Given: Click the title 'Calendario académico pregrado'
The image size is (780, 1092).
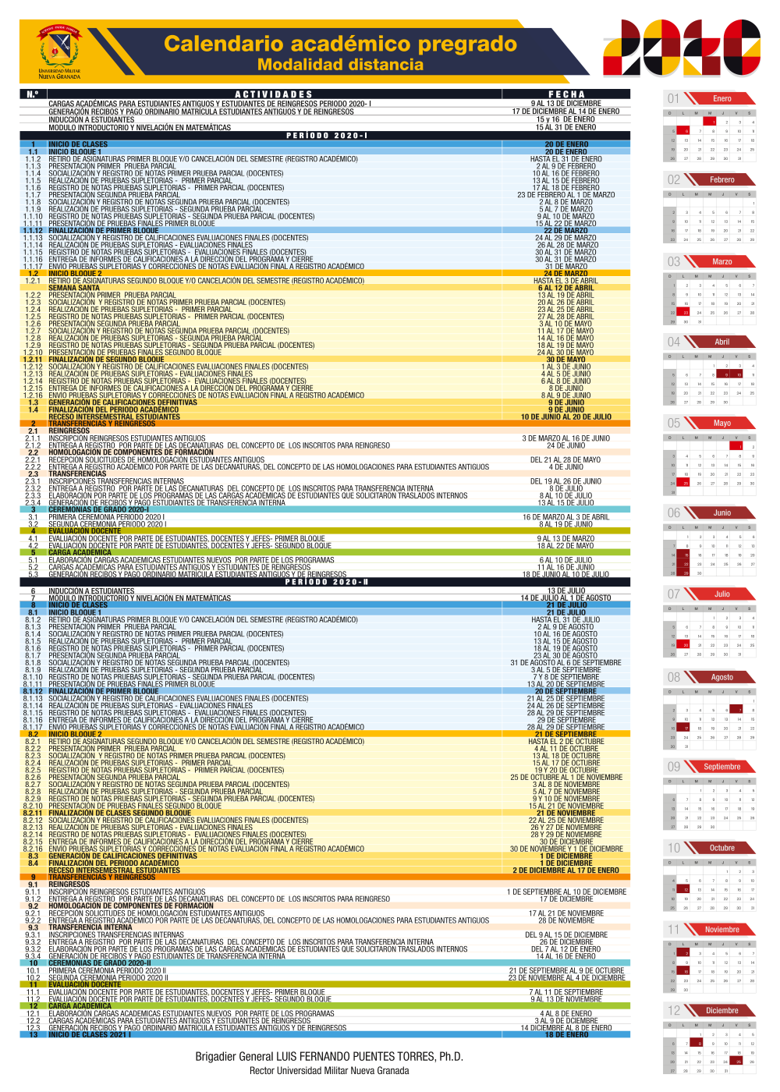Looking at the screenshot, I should click(340, 44).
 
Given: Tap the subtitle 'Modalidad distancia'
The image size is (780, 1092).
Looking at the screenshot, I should click(340, 65).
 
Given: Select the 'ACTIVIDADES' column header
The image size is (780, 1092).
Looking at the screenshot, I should click(274, 94).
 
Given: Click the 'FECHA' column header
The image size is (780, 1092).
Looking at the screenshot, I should click(566, 94).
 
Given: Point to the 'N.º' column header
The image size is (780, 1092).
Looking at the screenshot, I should click(33, 94).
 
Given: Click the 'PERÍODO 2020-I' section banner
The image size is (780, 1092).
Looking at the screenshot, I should click(327, 136).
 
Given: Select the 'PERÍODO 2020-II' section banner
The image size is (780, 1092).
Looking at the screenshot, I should click(327, 582).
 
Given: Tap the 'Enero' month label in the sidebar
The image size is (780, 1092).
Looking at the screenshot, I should click(722, 99).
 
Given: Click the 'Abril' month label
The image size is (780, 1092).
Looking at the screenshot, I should click(722, 342).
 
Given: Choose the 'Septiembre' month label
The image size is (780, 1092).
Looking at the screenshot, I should click(722, 767).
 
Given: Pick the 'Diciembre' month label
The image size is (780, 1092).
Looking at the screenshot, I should click(722, 1011).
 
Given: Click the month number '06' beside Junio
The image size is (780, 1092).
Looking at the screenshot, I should click(674, 513).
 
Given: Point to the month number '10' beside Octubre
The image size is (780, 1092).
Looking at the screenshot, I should click(674, 848).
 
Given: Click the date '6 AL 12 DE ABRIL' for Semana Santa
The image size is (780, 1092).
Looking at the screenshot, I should click(565, 288).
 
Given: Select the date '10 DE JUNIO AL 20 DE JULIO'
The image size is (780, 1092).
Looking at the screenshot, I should click(566, 417).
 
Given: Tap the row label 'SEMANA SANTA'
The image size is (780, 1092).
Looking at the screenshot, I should click(74, 288).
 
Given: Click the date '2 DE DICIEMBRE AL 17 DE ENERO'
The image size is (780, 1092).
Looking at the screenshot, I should click(566, 870).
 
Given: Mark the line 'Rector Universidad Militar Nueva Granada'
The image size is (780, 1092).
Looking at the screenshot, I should click(329, 1071).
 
